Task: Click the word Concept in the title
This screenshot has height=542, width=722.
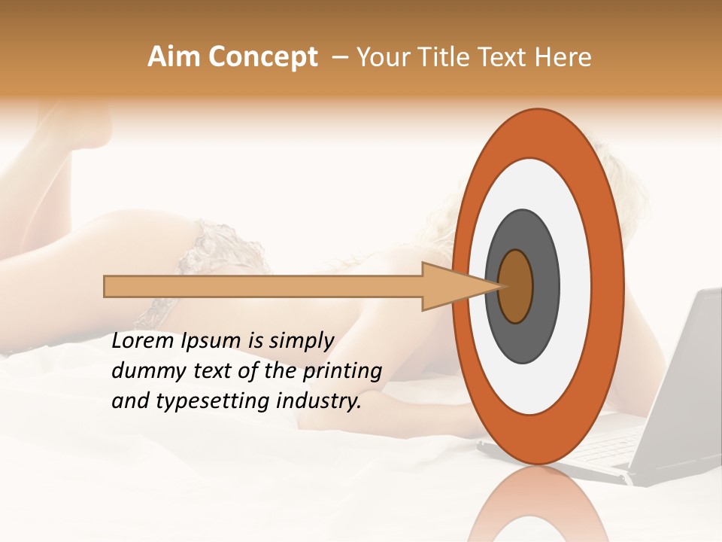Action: pos(263,57)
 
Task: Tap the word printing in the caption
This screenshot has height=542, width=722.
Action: pos(342,372)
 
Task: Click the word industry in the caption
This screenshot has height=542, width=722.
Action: pos(316,401)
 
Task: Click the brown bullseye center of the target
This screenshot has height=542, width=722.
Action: pos(516,286)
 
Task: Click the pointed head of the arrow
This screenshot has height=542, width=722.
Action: pos(451,286)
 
